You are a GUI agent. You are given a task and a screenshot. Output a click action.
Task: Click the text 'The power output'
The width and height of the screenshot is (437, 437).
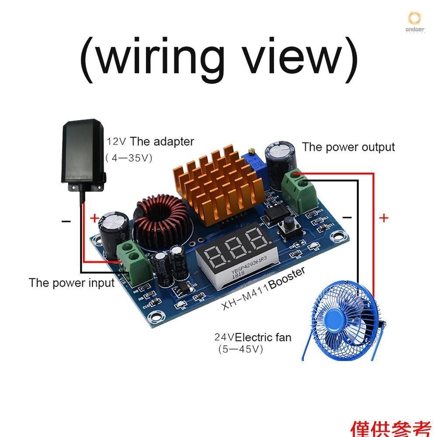click(x=348, y=147)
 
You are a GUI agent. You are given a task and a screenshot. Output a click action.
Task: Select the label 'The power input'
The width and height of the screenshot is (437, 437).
click(x=72, y=283)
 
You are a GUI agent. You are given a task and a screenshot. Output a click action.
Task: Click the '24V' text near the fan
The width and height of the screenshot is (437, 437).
click(x=224, y=337)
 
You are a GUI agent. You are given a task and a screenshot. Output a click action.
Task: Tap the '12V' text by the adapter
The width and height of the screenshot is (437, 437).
click(x=117, y=142)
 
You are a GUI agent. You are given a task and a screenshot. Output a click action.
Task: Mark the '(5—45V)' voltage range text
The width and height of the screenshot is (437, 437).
click(x=240, y=350)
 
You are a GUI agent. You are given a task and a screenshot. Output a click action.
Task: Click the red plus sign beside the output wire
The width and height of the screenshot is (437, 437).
click(x=384, y=218)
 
